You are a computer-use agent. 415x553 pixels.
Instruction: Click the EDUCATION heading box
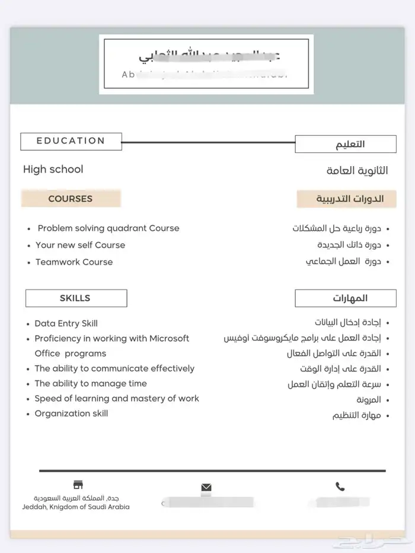point(71,141)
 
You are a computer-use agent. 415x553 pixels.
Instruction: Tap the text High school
point(53,170)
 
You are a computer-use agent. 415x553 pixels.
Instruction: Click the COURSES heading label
point(71,199)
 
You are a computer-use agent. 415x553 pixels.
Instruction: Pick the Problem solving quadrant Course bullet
point(108,228)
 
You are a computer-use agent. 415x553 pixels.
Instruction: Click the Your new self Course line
point(80,245)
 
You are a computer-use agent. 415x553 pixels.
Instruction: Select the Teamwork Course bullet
point(74,262)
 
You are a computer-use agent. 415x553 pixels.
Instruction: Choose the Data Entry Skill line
point(66,323)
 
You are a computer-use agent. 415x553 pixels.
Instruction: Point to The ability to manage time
point(90,384)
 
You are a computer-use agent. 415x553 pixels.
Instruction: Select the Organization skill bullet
point(71,414)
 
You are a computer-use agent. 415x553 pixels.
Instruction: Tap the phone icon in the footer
point(340,487)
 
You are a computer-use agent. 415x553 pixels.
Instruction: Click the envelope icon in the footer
point(206,488)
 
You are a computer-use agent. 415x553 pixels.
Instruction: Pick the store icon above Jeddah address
point(78,485)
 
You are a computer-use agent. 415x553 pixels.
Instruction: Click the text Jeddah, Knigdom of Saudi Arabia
point(76,507)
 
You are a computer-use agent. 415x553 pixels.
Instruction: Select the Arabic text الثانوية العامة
point(357,171)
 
